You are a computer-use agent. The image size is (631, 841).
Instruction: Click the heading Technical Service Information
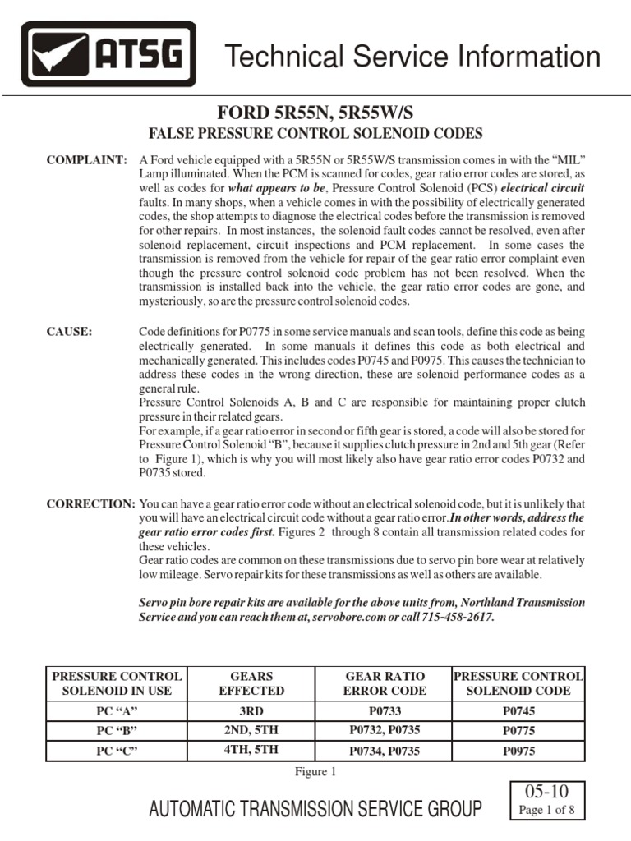pyautogui.click(x=412, y=57)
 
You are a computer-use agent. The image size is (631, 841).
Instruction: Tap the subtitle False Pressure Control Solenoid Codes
pyautogui.click(x=314, y=133)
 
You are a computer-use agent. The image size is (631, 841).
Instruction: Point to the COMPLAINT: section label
pyautogui.click(x=87, y=158)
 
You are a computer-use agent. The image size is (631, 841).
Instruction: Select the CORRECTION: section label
pyautogui.click(x=90, y=503)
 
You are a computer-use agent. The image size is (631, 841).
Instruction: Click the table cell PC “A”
pyautogui.click(x=116, y=710)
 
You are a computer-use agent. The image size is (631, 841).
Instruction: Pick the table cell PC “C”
pyautogui.click(x=116, y=749)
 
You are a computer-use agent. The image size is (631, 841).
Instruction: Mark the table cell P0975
pyautogui.click(x=518, y=749)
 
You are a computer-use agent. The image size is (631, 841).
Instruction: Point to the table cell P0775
pyautogui.click(x=518, y=729)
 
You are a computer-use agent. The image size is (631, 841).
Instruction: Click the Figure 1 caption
pyautogui.click(x=315, y=771)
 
